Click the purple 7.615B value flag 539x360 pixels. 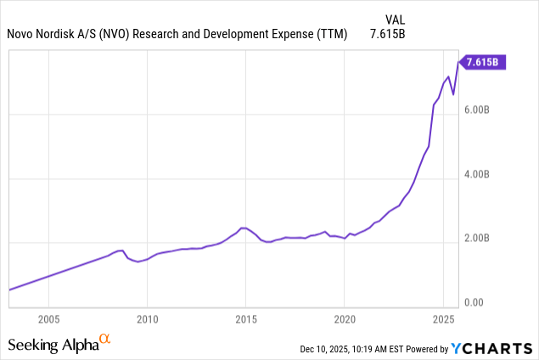pos(483,61)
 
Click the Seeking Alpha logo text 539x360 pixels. pos(53,344)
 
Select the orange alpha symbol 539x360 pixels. pos(105,339)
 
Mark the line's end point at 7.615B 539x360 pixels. pos(459,61)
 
